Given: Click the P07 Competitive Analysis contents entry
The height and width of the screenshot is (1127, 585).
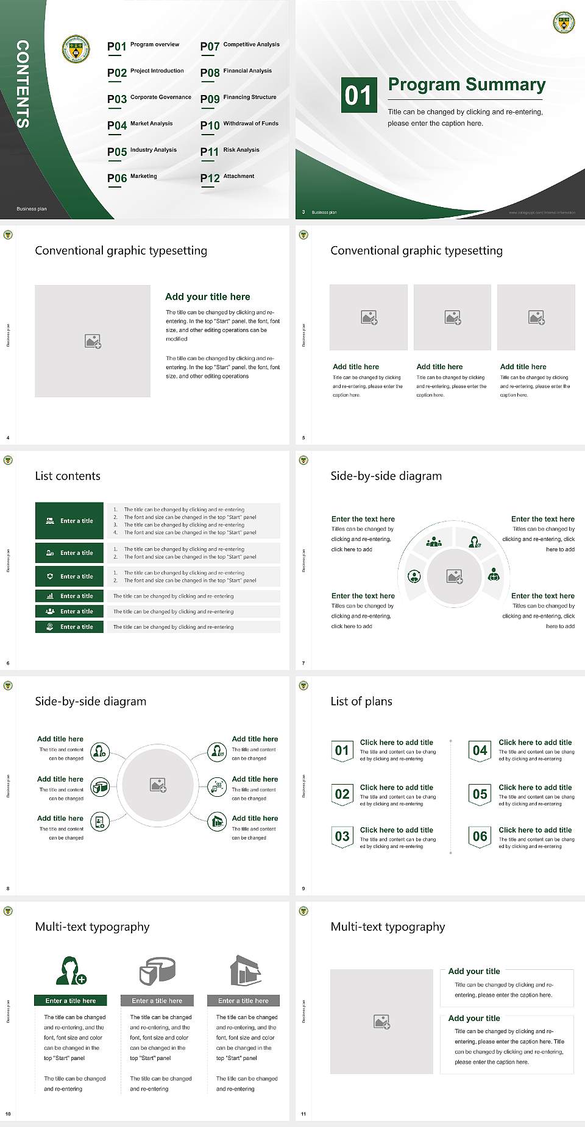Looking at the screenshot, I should click(240, 46).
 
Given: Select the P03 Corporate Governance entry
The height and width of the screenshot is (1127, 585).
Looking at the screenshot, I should click(149, 98).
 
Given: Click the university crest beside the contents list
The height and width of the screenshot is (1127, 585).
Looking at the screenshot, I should click(76, 49).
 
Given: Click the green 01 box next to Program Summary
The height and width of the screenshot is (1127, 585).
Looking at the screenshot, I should click(358, 95).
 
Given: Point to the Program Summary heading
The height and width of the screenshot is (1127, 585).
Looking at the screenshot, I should click(466, 85).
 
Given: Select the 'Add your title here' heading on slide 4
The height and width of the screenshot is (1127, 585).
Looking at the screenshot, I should click(207, 297).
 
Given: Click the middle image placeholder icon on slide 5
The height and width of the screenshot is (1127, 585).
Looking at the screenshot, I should click(452, 317).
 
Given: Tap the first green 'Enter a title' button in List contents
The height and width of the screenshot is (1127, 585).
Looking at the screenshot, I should click(69, 521).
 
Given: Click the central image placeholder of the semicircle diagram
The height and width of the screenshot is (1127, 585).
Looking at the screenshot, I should click(455, 576).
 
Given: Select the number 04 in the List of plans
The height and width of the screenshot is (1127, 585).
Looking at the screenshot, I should click(480, 751).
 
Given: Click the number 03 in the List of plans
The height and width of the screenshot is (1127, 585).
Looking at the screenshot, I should click(342, 836).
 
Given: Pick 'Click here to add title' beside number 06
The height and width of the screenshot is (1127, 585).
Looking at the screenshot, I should click(535, 830).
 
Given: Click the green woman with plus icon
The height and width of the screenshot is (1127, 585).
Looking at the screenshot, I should click(71, 970).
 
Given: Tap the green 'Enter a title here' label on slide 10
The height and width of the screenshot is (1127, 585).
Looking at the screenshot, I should click(71, 1000).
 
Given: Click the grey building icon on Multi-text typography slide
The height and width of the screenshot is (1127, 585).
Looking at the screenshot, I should click(245, 970).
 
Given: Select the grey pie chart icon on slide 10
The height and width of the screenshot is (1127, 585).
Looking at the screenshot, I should click(157, 970).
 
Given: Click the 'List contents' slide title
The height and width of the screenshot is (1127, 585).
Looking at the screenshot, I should click(68, 476).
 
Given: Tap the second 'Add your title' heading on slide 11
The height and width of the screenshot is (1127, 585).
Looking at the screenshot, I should click(474, 1018).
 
